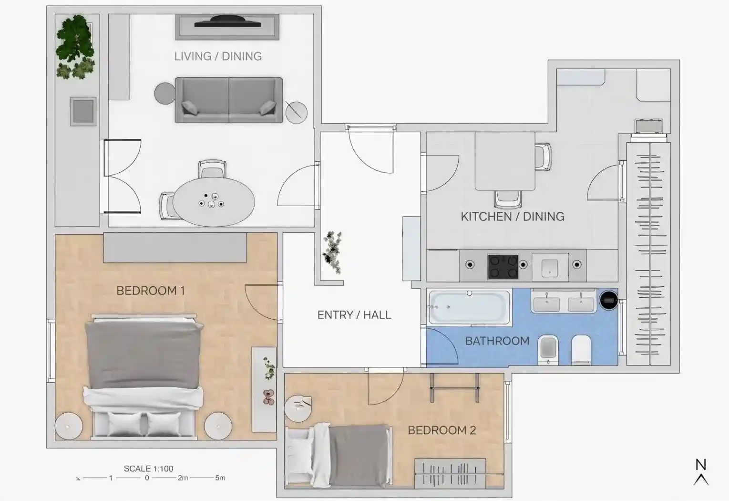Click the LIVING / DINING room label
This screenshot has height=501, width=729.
click(218, 56)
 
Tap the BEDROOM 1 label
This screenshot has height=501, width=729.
click(151, 291)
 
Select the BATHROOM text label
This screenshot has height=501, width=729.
click(497, 341)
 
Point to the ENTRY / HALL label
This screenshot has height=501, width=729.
click(354, 315)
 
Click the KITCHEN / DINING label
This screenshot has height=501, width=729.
click(513, 217)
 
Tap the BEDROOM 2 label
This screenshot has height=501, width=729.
click(442, 430)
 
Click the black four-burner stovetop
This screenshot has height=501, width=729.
click(503, 267)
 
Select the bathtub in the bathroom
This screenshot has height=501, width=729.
click(469, 307)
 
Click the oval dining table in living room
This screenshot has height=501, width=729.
click(214, 202)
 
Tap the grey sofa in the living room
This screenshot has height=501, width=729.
click(229, 100)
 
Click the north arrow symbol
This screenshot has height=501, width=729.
click(701, 472)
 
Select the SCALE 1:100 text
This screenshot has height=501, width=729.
click(148, 469)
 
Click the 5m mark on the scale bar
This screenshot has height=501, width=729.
click(220, 478)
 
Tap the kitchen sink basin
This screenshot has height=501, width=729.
click(550, 268)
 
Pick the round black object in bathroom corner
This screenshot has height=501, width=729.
click(609, 300)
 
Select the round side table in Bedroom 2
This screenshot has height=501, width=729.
click(298, 408)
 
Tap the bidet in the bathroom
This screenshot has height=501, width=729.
click(548, 350)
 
